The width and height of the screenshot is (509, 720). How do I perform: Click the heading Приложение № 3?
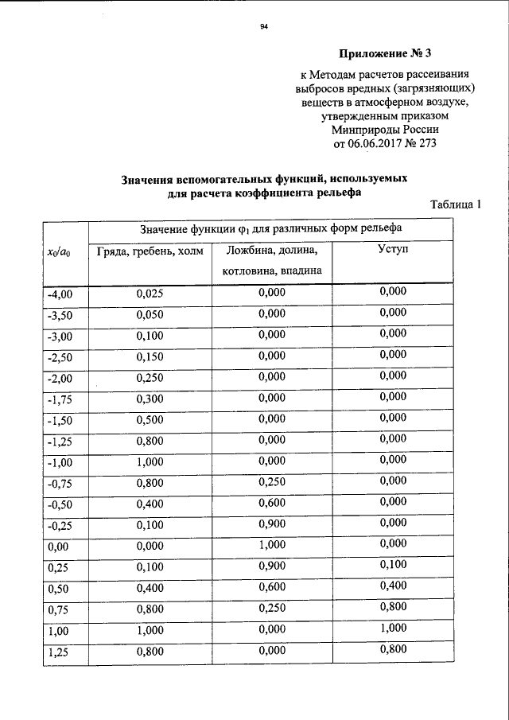point(384,55)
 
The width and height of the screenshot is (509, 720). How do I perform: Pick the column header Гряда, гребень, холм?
point(150,251)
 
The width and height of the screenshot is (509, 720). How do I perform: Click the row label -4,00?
point(60,295)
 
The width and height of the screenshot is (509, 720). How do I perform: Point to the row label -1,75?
point(60,397)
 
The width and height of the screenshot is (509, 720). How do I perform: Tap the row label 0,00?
point(58,547)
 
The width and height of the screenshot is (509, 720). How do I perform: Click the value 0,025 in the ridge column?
point(150,294)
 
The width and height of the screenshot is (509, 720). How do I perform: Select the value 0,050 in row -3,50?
point(150,314)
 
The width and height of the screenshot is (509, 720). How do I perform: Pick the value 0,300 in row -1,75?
point(150,397)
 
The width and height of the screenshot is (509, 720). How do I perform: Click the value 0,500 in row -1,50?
point(150,418)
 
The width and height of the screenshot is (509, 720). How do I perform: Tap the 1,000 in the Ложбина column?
point(272,545)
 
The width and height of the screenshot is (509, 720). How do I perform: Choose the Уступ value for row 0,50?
point(393,586)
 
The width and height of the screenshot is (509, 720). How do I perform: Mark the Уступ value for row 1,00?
point(393,628)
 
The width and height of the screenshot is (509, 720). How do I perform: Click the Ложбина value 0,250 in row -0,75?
point(272,481)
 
